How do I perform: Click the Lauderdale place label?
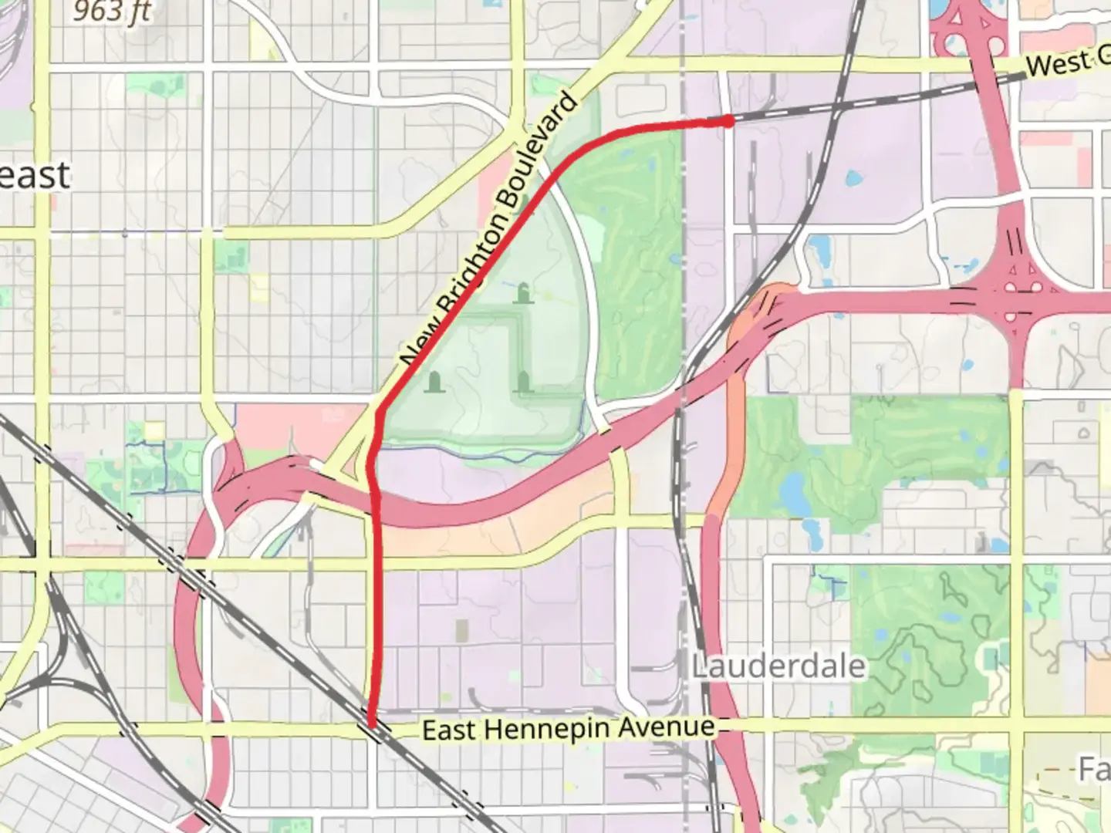pyautogui.click(x=778, y=666)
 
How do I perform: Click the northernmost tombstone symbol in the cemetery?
pyautogui.click(x=524, y=293)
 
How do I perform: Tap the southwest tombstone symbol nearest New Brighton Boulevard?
pyautogui.click(x=434, y=381)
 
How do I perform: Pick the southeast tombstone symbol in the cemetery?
pyautogui.click(x=524, y=381)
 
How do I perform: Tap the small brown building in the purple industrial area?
pyautogui.click(x=461, y=630)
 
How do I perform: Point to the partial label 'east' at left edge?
pyautogui.click(x=35, y=176)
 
